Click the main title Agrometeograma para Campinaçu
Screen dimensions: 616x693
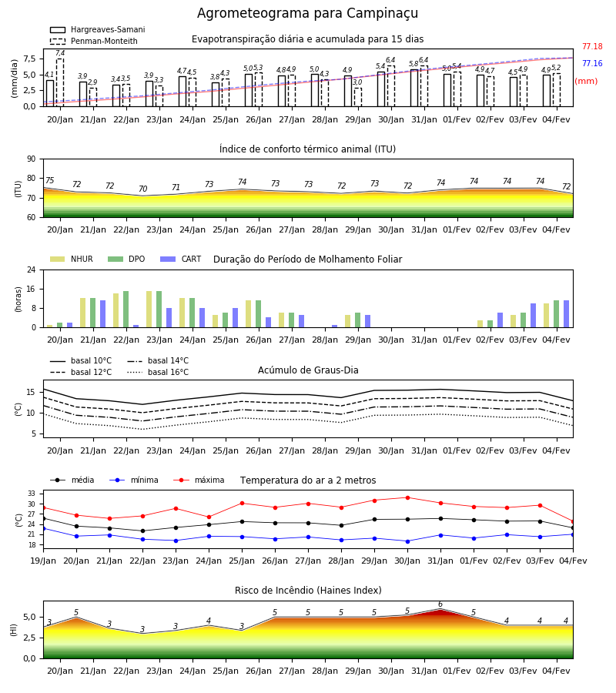307,13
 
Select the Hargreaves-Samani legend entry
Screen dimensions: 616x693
97,29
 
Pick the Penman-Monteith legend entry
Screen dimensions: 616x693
94,41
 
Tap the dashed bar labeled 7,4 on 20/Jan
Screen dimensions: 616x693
60,82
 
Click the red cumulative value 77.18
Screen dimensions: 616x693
592,46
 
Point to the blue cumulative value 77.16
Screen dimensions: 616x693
592,63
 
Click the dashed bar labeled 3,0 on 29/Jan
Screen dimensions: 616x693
358,97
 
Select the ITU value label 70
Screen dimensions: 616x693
142,189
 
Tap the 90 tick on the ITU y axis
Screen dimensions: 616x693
32,159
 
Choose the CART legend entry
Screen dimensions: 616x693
181,259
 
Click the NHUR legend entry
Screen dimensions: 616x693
72,259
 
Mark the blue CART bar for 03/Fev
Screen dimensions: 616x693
534,316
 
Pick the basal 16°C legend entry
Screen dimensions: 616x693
158,372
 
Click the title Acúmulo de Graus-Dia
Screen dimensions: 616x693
308,370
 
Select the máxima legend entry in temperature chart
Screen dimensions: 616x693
199,480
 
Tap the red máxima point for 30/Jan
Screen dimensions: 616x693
407,497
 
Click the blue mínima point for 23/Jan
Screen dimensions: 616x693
176,541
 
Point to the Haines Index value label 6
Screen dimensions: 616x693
440,604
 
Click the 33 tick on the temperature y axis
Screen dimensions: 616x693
32,494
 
